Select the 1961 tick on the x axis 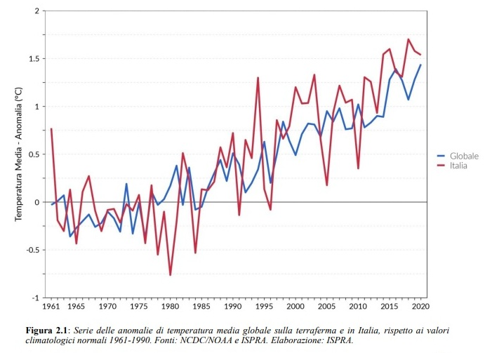[x=51, y=307]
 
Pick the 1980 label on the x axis [x=170, y=307]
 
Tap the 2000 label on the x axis [x=295, y=307]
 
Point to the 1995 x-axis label [x=264, y=307]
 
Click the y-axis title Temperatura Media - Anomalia [x=19, y=155]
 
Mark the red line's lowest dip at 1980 [x=170, y=275]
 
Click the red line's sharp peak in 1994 [x=258, y=78]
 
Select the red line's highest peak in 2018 [x=408, y=39]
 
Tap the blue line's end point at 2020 [x=420, y=65]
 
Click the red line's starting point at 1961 [x=51, y=129]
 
